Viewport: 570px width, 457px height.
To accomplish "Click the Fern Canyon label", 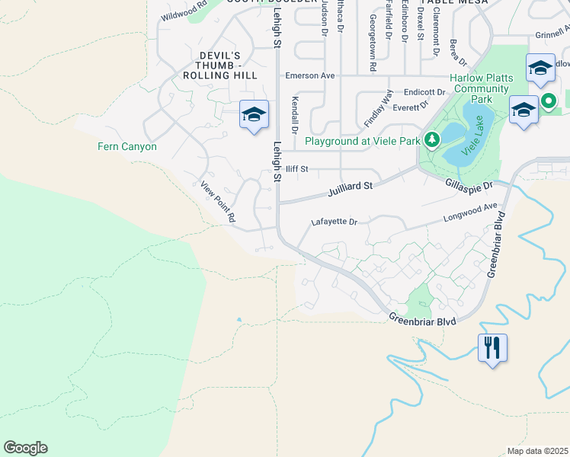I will click(127, 146).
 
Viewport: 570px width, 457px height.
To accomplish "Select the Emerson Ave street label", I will click(310, 76).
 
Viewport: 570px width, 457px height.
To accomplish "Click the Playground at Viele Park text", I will click(363, 141).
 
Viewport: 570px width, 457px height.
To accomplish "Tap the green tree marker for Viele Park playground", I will click(432, 140).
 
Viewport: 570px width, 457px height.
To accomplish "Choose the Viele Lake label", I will click(478, 139).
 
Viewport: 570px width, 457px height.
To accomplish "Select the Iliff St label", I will click(296, 169).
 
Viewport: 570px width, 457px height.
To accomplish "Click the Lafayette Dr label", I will click(334, 222).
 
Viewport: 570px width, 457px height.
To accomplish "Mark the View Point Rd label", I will click(218, 202).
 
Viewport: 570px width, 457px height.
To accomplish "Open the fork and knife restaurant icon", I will click(492, 348).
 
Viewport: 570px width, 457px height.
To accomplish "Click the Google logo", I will click(25, 448).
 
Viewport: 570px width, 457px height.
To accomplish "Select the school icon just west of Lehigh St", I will click(254, 114).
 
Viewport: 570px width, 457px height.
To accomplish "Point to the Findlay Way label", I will click(378, 108).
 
